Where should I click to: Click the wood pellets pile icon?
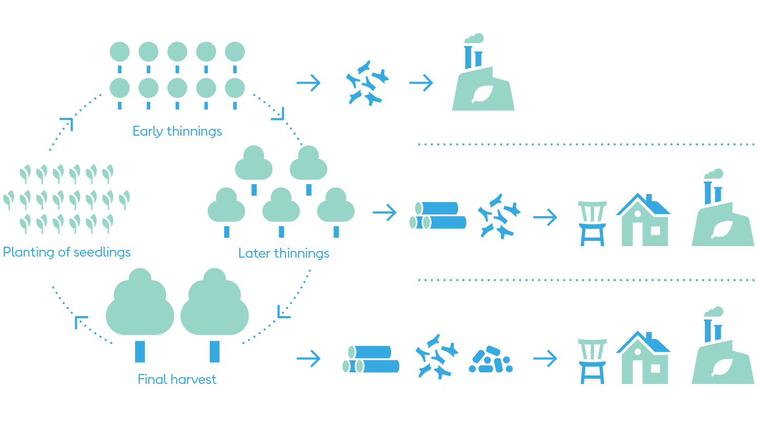coord(490,360)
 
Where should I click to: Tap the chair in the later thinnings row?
coord(592,223)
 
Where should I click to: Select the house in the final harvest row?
coord(644,358)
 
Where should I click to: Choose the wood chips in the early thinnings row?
coord(367,83)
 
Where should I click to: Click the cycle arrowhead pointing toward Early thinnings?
coord(67,124)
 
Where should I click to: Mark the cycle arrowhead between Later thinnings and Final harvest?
coord(284,312)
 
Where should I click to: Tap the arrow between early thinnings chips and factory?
coord(421,83)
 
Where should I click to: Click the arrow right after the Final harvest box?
coord(309,359)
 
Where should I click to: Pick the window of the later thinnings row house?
coord(655,230)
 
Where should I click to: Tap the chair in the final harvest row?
coord(592,361)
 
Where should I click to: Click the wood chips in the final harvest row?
coord(436,356)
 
